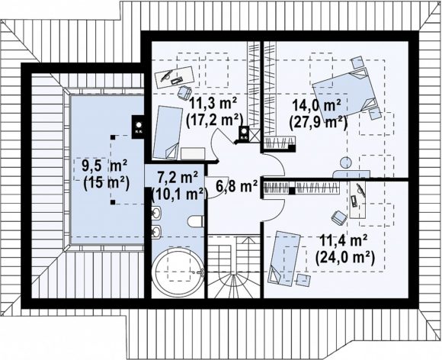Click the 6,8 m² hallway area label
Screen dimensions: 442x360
pos(236,186)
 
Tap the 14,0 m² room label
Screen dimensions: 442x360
pos(316,106)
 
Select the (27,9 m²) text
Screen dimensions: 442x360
pos(318,123)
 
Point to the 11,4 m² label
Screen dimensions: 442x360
pos(343,241)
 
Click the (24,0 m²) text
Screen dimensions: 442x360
pos(345,258)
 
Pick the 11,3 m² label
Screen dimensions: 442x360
pos(213,103)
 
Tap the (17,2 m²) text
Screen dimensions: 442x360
pos(214,121)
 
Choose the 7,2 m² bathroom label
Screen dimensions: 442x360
pos(178,178)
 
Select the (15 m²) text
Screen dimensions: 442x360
pos(106,184)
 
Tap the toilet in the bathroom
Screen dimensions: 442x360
pos(196,221)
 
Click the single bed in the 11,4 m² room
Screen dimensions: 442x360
pos(283,257)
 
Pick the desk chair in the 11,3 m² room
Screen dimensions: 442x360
pos(184,92)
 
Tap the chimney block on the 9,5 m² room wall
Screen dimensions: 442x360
pos(139,127)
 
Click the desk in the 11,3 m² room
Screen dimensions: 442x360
pos(175,76)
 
